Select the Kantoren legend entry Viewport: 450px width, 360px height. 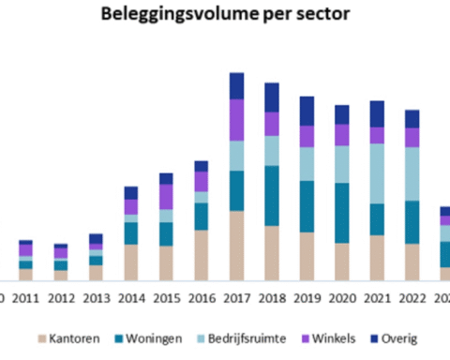pos(68,337)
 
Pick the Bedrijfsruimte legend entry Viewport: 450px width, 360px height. pos(241,337)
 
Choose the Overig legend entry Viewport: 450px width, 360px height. pos(397,337)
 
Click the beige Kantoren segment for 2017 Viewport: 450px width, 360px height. pos(237,246)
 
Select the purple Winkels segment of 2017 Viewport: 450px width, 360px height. pos(237,119)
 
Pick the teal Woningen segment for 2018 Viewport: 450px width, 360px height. pos(272,196)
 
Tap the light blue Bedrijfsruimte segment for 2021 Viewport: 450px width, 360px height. pos(377,173)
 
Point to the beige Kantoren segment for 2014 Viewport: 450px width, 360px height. pos(131,262)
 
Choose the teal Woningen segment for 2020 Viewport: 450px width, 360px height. pos(342,213)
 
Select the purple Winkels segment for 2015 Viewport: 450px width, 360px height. pos(166,197)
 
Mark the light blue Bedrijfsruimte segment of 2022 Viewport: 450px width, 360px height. pos(412,173)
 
